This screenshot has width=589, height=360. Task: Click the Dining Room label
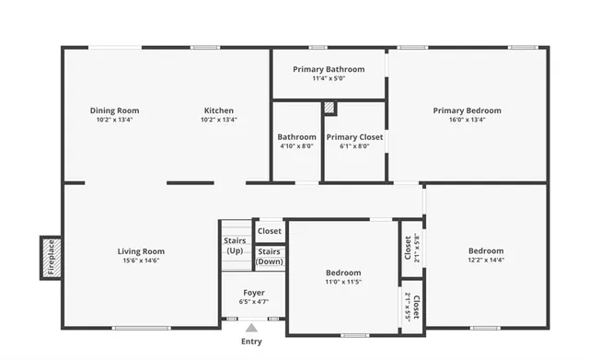point(114,110)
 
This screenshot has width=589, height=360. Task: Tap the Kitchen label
point(219,110)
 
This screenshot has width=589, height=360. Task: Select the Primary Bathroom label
point(329,69)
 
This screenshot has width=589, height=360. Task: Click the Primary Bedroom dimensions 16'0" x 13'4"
point(467,120)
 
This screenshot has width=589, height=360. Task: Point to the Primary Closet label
point(354,137)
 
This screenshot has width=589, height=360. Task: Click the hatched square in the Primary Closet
point(329,108)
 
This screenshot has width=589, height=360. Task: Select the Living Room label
point(141,251)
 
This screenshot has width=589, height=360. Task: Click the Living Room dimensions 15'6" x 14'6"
point(141,261)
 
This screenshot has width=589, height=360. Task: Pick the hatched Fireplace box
point(51,257)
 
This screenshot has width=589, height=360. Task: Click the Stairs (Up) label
point(235,246)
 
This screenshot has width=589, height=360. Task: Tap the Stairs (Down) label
point(270,256)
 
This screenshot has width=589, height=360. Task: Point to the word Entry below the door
point(251,342)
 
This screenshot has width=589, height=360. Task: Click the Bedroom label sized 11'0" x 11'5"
point(343,273)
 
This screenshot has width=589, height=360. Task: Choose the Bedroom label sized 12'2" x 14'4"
point(485,251)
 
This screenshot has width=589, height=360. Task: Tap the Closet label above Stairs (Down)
point(270,231)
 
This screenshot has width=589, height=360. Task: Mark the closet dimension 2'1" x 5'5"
point(408,305)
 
